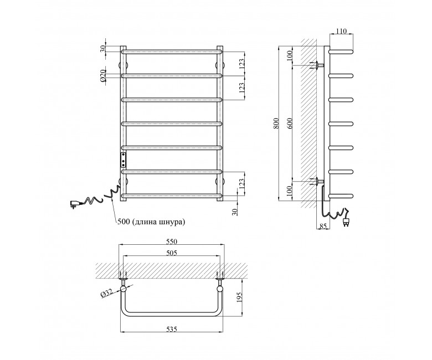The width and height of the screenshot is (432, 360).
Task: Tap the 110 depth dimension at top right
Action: click(341, 31)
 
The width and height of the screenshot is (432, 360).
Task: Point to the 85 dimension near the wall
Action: click(323, 226)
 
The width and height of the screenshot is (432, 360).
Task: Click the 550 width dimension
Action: click(171, 241)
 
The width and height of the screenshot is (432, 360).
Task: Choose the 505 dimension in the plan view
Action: click(171, 253)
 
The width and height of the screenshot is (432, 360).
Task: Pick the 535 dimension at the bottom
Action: click(171, 328)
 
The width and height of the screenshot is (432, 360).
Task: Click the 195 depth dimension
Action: click(239, 297)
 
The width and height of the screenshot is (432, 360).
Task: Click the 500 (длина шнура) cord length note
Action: click(151, 222)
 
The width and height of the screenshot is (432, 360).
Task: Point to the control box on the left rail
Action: click(123, 160)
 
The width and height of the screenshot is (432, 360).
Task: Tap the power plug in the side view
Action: click(346, 222)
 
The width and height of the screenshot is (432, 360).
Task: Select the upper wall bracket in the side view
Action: click(317, 65)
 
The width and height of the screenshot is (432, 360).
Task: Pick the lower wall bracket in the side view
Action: click(317, 182)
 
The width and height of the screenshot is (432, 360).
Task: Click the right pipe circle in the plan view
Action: click(220, 289)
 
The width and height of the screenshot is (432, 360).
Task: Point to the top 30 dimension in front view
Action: click(102, 49)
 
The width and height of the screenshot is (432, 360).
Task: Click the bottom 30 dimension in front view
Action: click(235, 212)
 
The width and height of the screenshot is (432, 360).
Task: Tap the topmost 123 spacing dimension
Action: click(241, 64)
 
